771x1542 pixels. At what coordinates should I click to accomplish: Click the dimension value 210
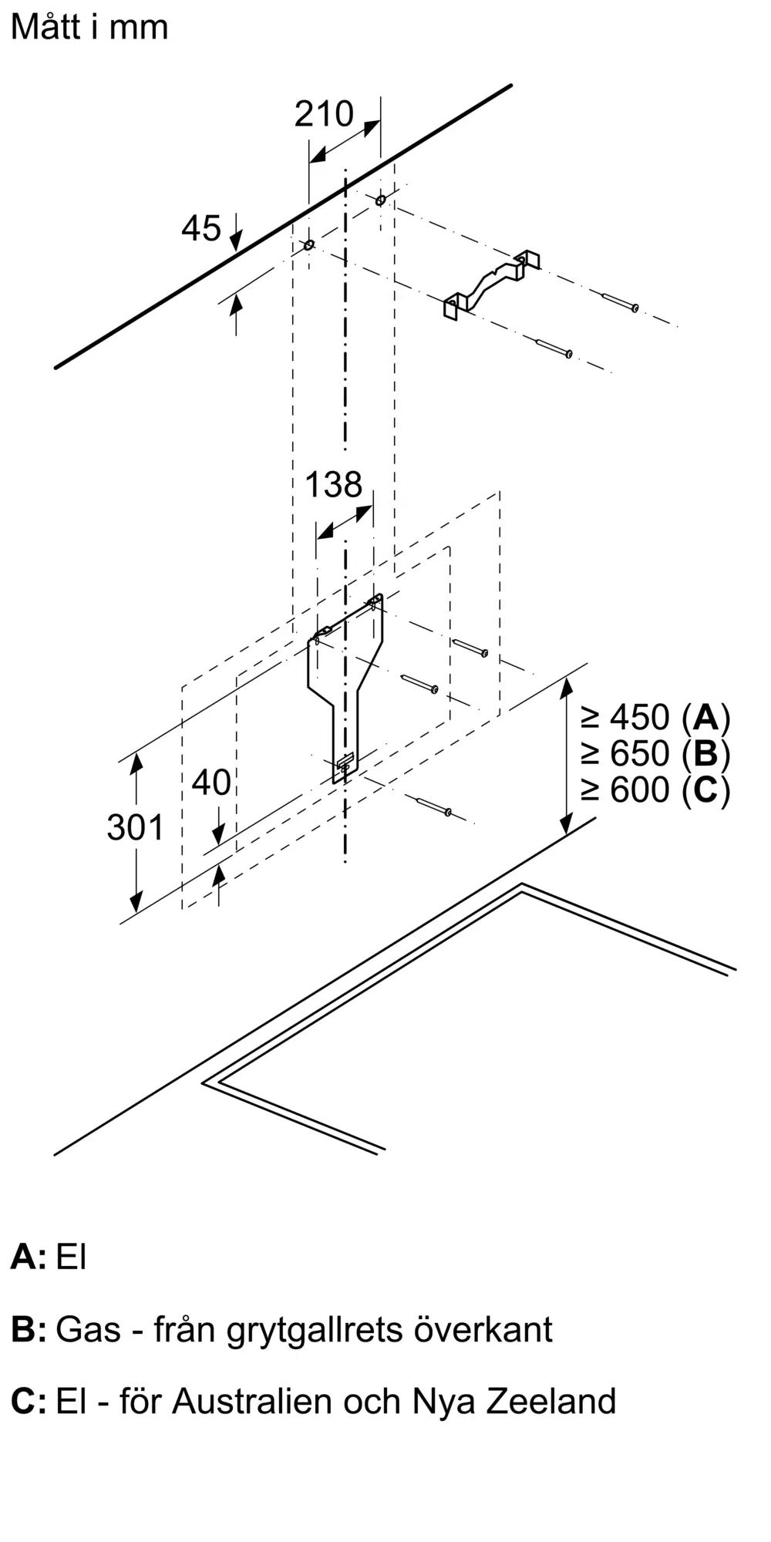pyautogui.click(x=324, y=114)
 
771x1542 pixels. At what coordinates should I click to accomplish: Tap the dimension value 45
pyautogui.click(x=201, y=228)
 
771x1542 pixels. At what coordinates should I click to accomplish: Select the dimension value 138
pyautogui.click(x=333, y=485)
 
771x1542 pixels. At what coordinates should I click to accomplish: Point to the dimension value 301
pyautogui.click(x=136, y=827)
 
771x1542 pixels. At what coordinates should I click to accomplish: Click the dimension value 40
pyautogui.click(x=211, y=783)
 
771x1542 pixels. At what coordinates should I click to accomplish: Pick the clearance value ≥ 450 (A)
pyautogui.click(x=655, y=718)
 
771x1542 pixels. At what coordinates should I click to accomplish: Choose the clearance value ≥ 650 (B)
pyautogui.click(x=655, y=753)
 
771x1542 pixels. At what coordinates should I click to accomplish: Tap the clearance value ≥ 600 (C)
pyautogui.click(x=655, y=790)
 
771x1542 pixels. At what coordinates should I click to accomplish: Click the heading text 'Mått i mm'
pyautogui.click(x=89, y=27)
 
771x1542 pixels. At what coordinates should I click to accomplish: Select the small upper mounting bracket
pyautogui.click(x=490, y=284)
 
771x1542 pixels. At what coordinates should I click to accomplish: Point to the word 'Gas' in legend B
pyautogui.click(x=88, y=1330)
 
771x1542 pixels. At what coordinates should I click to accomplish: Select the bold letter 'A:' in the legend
pyautogui.click(x=28, y=1257)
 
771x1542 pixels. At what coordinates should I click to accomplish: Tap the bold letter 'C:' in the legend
pyautogui.click(x=29, y=1401)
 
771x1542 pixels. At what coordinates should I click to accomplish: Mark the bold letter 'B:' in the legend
pyautogui.click(x=29, y=1330)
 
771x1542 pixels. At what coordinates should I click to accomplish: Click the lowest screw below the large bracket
pyautogui.click(x=433, y=806)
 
